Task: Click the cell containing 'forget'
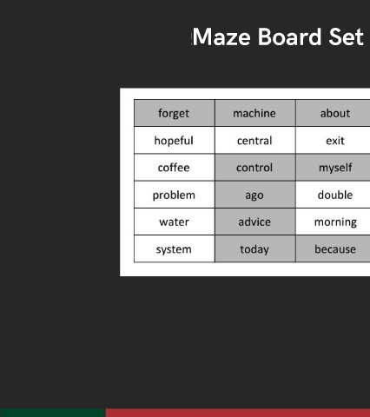coord(175,113)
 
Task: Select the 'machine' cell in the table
coord(255,113)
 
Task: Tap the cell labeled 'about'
coord(333,113)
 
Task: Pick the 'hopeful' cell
coord(175,140)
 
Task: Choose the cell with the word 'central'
coord(255,140)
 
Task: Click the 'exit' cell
coord(333,140)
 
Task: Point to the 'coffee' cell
coord(175,168)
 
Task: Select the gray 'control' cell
coord(255,168)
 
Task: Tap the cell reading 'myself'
coord(333,168)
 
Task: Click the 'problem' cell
coord(175,195)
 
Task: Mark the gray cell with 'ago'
coord(255,195)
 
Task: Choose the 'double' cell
coord(333,195)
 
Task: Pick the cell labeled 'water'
coord(175,222)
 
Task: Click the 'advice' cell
coord(255,222)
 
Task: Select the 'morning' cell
coord(333,222)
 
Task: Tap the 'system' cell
coord(175,248)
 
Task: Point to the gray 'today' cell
coord(255,248)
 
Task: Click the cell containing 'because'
coord(333,248)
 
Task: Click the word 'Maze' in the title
coord(221,36)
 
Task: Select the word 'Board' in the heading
coord(289,36)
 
